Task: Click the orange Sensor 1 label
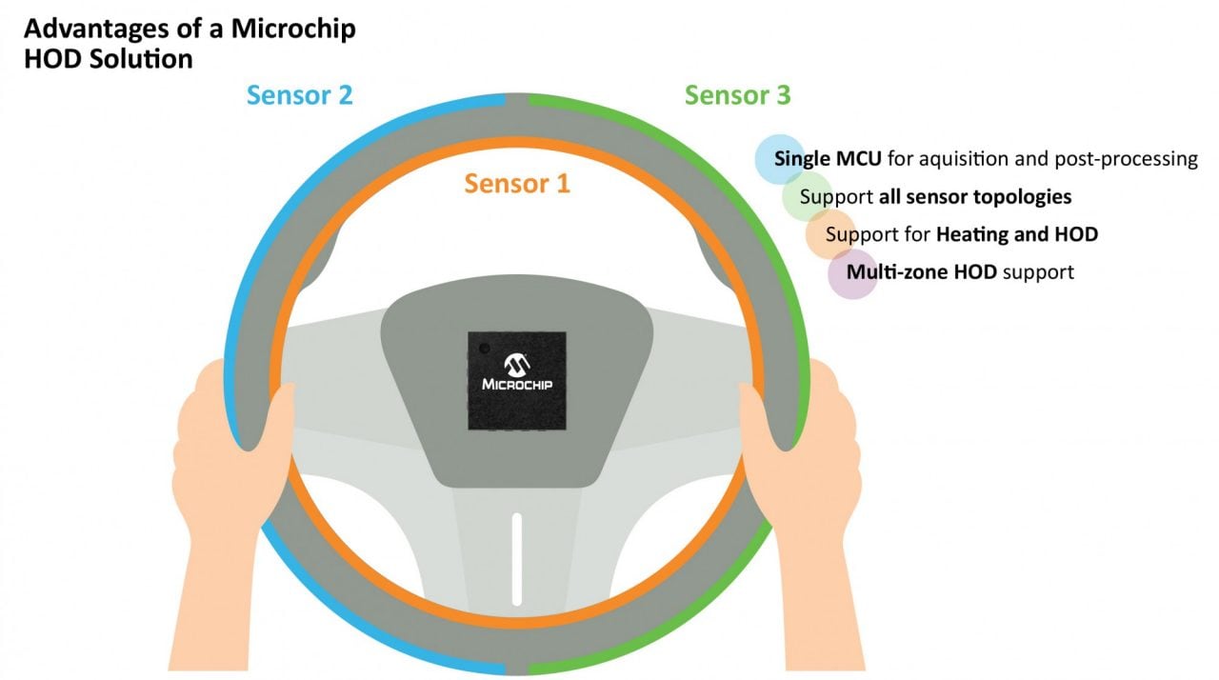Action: [x=517, y=183]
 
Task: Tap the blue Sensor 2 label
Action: [x=300, y=95]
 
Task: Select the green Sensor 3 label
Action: [x=737, y=95]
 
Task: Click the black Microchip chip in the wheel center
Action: [x=517, y=380]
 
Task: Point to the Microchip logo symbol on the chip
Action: [x=517, y=363]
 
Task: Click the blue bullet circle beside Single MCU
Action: [x=780, y=159]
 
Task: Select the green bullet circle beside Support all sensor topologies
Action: [x=807, y=197]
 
